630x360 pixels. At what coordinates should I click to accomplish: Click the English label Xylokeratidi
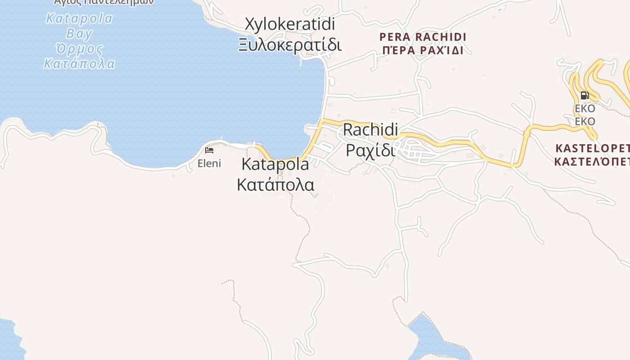pyautogui.click(x=290, y=24)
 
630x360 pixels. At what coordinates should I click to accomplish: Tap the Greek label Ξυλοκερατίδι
pyautogui.click(x=290, y=45)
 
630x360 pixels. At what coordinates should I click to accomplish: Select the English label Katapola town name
pyautogui.click(x=275, y=164)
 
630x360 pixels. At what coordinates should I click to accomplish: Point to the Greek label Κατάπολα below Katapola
pyautogui.click(x=275, y=184)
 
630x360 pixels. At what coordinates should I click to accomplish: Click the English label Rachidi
pyautogui.click(x=370, y=130)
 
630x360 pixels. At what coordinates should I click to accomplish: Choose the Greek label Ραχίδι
pyautogui.click(x=370, y=150)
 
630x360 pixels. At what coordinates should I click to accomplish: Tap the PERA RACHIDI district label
pyautogui.click(x=423, y=37)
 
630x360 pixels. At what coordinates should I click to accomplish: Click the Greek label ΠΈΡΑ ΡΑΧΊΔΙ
pyautogui.click(x=423, y=50)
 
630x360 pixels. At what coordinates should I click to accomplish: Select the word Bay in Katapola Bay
pyautogui.click(x=79, y=34)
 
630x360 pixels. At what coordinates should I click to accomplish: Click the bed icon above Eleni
pyautogui.click(x=209, y=150)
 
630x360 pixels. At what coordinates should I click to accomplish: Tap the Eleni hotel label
pyautogui.click(x=209, y=163)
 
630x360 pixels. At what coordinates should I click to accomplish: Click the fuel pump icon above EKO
pyautogui.click(x=585, y=95)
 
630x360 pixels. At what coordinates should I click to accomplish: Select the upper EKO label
pyautogui.click(x=585, y=108)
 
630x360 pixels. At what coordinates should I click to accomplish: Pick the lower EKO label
pyautogui.click(x=585, y=121)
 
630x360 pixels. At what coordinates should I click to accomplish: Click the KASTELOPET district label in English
pyautogui.click(x=592, y=148)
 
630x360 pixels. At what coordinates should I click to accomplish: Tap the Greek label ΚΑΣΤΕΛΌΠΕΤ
pyautogui.click(x=592, y=161)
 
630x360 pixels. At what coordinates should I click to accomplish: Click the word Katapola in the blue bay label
pyautogui.click(x=79, y=19)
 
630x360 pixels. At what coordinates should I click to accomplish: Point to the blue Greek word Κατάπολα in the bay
pyautogui.click(x=79, y=63)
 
